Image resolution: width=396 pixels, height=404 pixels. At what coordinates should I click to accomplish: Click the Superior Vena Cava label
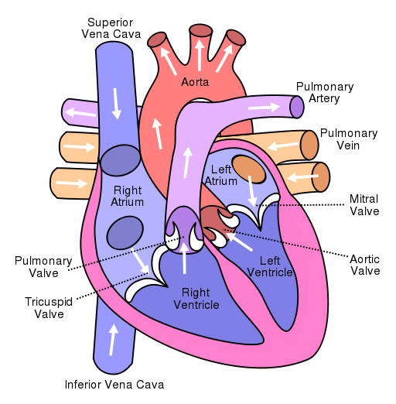(111, 28)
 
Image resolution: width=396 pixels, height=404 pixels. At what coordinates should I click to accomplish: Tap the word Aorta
(195, 82)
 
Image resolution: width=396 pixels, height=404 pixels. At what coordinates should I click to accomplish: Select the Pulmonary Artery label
(325, 92)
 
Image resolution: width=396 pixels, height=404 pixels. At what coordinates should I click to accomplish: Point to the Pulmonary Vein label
(349, 139)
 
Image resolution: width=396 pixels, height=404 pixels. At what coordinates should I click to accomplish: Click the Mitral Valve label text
(364, 205)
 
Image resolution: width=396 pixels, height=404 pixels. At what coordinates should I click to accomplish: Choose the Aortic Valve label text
(365, 265)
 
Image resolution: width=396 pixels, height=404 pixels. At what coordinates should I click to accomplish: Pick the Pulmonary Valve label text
(43, 267)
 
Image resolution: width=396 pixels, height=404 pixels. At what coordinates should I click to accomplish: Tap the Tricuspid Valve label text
(49, 308)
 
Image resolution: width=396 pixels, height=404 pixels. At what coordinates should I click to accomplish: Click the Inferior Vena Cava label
(114, 385)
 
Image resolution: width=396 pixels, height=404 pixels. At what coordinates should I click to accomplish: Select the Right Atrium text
(128, 196)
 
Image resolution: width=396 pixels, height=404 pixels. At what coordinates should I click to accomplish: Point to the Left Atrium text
(221, 176)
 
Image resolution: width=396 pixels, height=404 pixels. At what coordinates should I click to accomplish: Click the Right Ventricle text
(196, 299)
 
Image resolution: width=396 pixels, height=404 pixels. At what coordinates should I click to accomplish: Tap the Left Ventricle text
(270, 266)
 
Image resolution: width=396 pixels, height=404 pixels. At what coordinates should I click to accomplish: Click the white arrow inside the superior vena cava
(116, 104)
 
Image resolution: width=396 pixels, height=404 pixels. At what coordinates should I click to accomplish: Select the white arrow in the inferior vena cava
(113, 340)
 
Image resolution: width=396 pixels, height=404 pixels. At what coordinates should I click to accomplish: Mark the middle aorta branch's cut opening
(200, 30)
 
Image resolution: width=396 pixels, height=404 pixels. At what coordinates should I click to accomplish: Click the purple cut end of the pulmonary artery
(297, 107)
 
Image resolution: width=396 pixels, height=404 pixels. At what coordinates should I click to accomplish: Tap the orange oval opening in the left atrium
(249, 169)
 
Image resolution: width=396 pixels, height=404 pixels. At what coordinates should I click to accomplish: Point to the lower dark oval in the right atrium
(125, 233)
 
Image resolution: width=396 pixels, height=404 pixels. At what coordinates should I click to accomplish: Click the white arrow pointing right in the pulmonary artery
(264, 108)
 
